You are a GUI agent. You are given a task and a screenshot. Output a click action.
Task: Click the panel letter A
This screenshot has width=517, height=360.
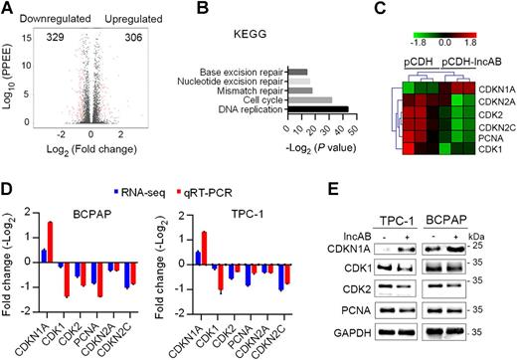point(7,9)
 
